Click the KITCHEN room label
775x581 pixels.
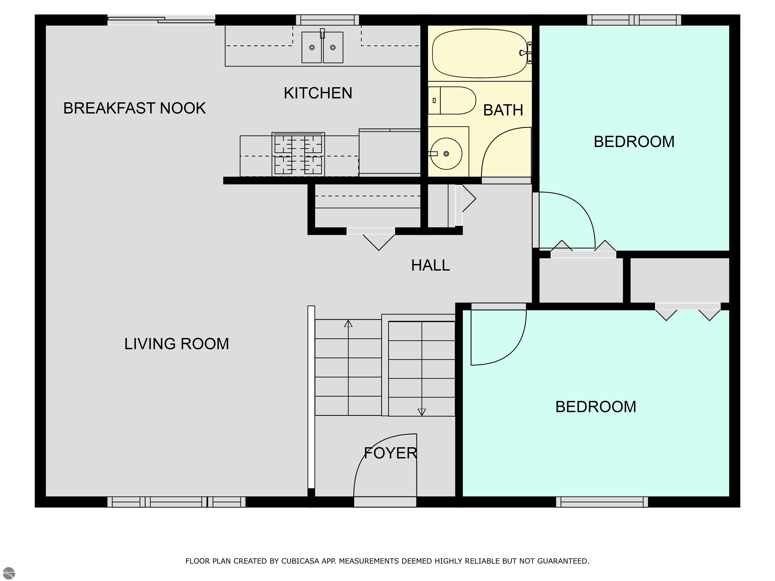(318, 93)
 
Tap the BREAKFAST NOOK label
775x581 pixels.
(134, 108)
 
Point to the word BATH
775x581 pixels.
(503, 110)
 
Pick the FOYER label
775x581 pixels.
(391, 453)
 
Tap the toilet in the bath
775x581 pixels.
(452, 101)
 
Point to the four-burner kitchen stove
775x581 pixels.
(298, 154)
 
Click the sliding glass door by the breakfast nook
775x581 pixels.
(161, 20)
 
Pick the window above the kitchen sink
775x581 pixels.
(328, 20)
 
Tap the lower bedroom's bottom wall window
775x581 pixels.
(602, 502)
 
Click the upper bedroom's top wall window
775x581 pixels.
(634, 20)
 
